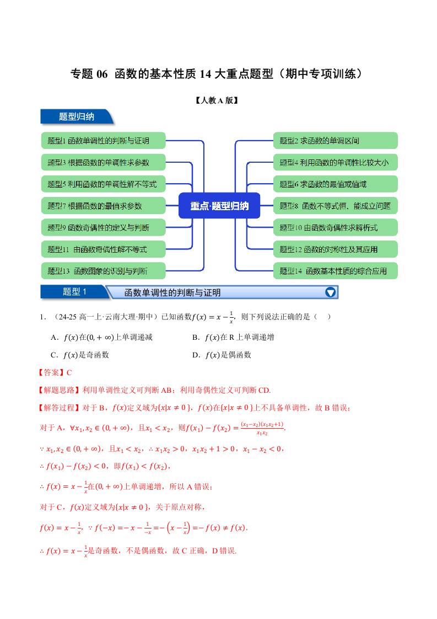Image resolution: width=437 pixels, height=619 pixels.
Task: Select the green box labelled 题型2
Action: tap(335, 141)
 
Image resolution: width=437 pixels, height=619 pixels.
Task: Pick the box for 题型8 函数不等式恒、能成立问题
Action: tap(335, 206)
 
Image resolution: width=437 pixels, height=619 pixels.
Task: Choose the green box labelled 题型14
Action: tap(335, 271)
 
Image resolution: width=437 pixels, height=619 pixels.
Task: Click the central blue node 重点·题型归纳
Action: tap(219, 206)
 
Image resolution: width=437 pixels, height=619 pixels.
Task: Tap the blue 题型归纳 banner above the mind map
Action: tap(77, 117)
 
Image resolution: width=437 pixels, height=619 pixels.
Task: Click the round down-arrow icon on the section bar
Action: tap(330, 292)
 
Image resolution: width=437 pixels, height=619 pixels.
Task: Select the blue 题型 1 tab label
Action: tap(73, 292)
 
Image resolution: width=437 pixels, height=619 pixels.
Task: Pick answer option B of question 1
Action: tap(233, 337)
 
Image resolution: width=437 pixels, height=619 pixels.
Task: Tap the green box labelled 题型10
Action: tap(335, 227)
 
